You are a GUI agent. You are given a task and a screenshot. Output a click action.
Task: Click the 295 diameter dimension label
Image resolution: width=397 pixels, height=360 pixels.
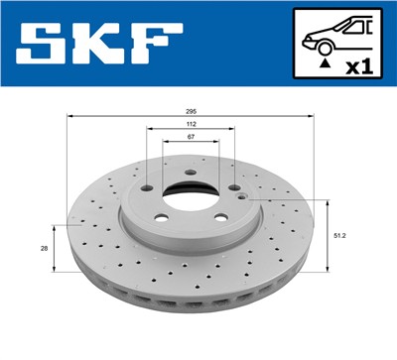pos(190,111)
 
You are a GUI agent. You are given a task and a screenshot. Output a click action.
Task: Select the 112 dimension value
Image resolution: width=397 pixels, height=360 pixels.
pos(190,124)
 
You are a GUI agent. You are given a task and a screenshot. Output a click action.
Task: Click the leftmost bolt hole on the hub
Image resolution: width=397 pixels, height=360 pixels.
pos(147,187)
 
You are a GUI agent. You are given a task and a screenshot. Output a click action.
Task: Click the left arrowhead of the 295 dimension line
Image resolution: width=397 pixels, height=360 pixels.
pos(68,117)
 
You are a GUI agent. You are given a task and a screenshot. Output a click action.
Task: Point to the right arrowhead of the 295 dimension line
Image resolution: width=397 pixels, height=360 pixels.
pos(313,117)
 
